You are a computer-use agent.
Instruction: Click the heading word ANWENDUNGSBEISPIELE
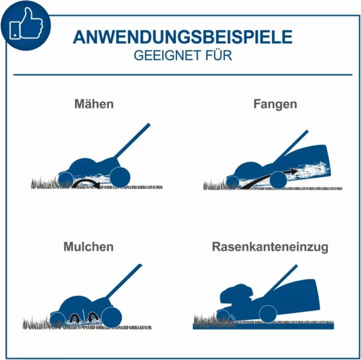pos(182,37)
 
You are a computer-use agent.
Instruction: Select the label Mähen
pos(94,104)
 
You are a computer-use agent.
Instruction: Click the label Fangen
pos(275,104)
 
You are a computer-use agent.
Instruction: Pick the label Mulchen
pos(88,247)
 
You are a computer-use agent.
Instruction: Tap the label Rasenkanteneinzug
pos(270,247)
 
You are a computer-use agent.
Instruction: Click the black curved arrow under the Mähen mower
pos(85,182)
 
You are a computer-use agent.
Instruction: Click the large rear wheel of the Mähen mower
pos(120,176)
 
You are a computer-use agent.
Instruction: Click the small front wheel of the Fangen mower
pos(232,181)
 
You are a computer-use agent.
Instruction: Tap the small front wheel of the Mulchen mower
pos(58,319)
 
